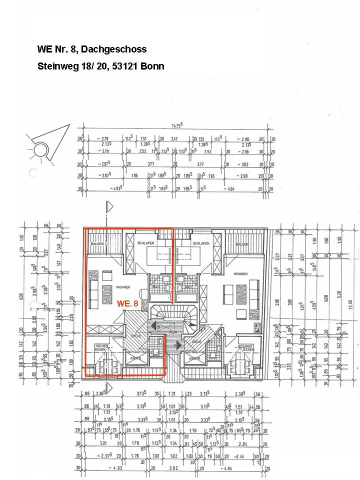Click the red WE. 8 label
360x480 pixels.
coord(127,303)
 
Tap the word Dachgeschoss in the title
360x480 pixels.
coord(113,49)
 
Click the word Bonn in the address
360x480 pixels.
coord(152,66)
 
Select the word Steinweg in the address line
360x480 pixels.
coord(55,66)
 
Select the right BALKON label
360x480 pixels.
coord(242,243)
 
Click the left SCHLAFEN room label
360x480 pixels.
coord(146,243)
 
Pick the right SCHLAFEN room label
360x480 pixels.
coord(200,243)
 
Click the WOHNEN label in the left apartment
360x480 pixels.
coord(123,287)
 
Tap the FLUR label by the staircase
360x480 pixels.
coord(172,331)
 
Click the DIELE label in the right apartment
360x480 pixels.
coord(196,341)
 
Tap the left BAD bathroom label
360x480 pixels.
coord(156,287)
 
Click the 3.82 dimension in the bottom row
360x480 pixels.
coord(172,467)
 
